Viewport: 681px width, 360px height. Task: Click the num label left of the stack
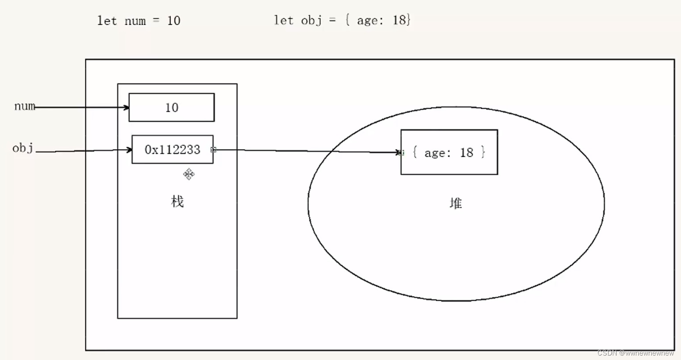pyautogui.click(x=24, y=106)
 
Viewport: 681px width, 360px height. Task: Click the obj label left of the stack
pyautogui.click(x=23, y=148)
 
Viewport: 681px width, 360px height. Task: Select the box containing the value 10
pyautogui.click(x=171, y=108)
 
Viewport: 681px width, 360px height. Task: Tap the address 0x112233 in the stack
pyautogui.click(x=172, y=150)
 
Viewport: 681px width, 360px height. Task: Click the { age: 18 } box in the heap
pyautogui.click(x=449, y=152)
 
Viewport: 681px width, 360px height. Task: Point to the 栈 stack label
pyautogui.click(x=177, y=202)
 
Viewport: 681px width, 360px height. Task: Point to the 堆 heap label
pyautogui.click(x=456, y=203)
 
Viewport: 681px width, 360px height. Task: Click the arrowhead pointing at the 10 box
pyautogui.click(x=127, y=108)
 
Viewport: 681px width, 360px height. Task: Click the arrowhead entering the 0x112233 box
pyautogui.click(x=129, y=150)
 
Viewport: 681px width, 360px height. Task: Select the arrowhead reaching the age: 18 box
pyautogui.click(x=398, y=152)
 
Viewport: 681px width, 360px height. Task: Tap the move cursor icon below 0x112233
pyautogui.click(x=189, y=174)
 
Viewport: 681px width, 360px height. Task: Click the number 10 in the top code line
pyautogui.click(x=174, y=21)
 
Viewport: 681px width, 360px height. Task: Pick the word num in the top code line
pyautogui.click(x=135, y=21)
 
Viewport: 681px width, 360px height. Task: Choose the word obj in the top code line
pyautogui.click(x=311, y=20)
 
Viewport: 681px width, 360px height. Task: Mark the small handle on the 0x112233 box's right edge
pyautogui.click(x=213, y=150)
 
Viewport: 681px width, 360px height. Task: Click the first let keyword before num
pyautogui.click(x=107, y=21)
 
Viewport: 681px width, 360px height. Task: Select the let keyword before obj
pyautogui.click(x=283, y=20)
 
